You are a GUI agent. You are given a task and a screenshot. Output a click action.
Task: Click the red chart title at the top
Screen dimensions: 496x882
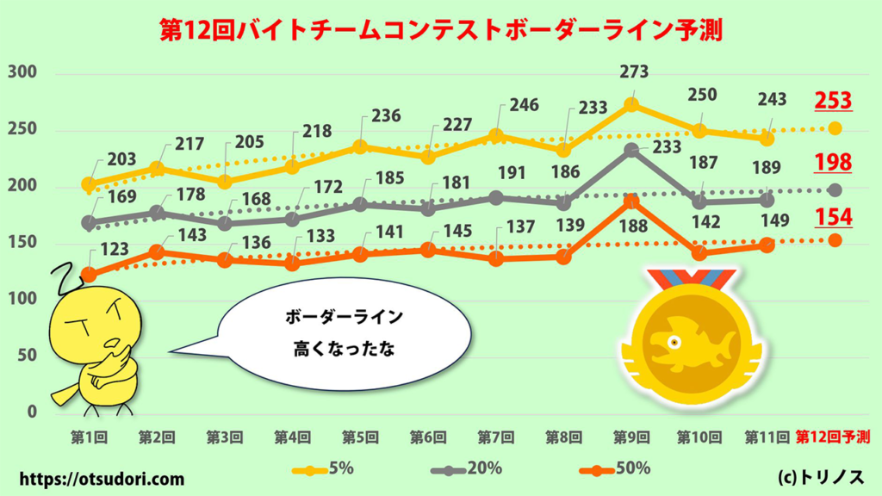click(440, 30)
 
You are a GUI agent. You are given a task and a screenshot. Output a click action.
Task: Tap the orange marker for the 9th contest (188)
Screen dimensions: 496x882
click(631, 201)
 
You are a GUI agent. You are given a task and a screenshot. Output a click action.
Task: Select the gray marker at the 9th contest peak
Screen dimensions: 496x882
click(631, 150)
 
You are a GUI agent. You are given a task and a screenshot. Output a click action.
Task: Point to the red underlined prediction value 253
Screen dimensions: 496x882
click(833, 100)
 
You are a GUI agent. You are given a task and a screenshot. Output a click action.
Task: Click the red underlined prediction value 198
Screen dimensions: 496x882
click(833, 161)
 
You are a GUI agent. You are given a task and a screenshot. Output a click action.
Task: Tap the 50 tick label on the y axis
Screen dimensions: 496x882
click(26, 356)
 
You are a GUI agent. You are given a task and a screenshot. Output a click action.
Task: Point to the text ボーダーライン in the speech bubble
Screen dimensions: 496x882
click(344, 318)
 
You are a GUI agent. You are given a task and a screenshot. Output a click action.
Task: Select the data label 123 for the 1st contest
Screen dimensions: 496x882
click(115, 250)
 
